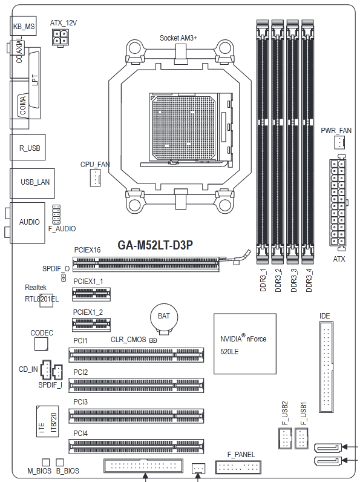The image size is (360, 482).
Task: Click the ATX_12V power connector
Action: (61, 38)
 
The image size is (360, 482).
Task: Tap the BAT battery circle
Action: (164, 317)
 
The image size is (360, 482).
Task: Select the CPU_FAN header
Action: (95, 177)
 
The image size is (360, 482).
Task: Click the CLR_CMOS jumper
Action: (152, 340)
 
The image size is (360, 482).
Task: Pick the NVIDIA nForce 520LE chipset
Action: (245, 344)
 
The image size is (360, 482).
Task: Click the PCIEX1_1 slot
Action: (91, 294)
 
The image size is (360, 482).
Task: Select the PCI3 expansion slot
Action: (136, 415)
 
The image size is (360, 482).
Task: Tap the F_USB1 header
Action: (301, 438)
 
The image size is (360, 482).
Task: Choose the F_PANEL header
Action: (238, 467)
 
